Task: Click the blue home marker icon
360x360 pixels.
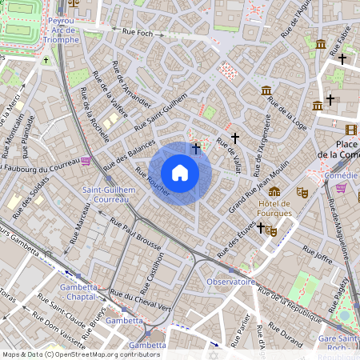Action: (180, 173)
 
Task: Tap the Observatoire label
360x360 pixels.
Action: (230, 282)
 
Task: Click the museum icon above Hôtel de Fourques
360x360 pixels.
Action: (274, 192)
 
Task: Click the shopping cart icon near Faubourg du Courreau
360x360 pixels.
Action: (85, 161)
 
